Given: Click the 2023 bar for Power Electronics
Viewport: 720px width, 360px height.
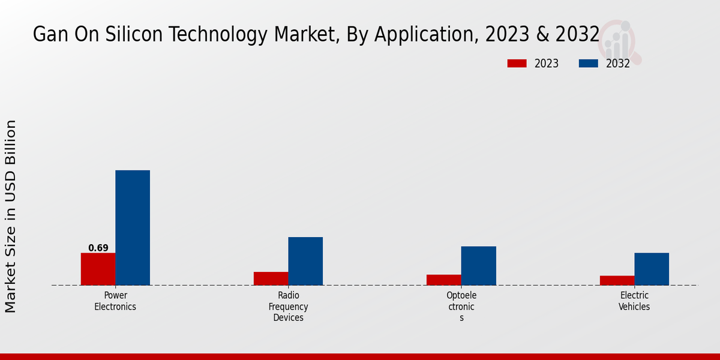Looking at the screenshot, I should click(98, 269).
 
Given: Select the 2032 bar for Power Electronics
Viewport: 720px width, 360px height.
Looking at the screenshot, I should click(133, 227).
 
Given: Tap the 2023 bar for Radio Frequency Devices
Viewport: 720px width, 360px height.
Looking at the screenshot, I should click(271, 278).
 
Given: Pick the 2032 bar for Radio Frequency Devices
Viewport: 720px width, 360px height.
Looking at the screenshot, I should click(305, 261).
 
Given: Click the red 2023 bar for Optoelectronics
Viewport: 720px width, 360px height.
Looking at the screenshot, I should click(444, 280).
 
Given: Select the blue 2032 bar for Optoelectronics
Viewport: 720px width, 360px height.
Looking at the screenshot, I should click(479, 266).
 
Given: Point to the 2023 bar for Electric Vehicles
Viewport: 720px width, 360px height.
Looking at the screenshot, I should click(617, 280).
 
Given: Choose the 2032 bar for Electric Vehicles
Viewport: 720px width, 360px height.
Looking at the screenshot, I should click(652, 269).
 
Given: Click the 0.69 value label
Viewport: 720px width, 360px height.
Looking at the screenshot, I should click(98, 248).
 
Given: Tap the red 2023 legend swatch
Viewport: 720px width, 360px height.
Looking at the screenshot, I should click(517, 64).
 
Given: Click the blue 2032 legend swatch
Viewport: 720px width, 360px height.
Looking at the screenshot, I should click(588, 64).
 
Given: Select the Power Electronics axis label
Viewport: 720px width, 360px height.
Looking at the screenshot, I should click(115, 301).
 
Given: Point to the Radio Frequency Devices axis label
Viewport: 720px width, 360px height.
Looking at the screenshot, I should click(289, 307).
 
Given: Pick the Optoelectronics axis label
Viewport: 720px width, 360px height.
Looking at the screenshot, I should click(461, 307).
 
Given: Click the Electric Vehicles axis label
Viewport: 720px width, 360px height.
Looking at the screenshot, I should click(634, 301).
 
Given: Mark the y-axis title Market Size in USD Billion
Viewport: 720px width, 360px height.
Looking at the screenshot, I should click(11, 216).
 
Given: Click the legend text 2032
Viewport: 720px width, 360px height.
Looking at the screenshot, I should click(618, 64).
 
